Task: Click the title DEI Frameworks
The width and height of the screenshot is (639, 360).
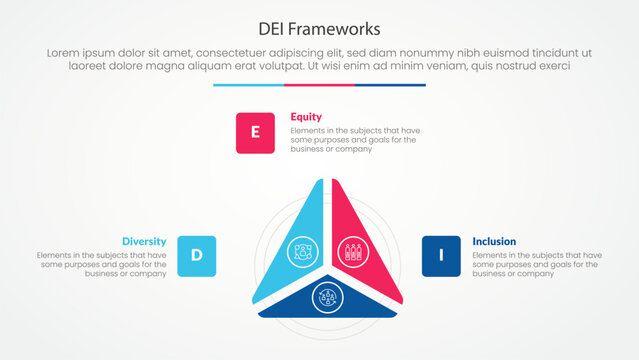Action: (319, 27)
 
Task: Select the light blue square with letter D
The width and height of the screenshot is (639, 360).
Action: (196, 255)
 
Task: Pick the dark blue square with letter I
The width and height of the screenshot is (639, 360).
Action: (441, 255)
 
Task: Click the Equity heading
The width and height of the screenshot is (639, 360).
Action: (306, 116)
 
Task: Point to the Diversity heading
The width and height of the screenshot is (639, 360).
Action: (144, 241)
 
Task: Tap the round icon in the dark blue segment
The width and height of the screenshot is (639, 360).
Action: (324, 295)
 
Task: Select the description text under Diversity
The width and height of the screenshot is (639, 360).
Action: (104, 264)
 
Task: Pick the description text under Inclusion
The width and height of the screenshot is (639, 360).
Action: (535, 264)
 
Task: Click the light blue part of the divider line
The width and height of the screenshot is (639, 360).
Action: (248, 85)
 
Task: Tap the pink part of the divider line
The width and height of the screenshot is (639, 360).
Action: (319, 85)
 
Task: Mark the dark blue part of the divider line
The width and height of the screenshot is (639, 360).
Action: (390, 85)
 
